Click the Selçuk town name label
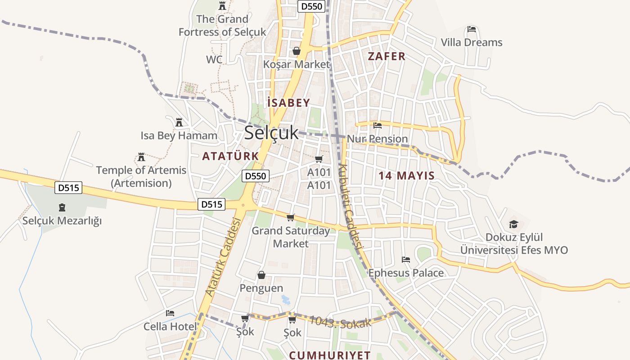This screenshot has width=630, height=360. pyautogui.click(x=271, y=133)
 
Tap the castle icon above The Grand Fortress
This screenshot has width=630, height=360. pyautogui.click(x=222, y=5)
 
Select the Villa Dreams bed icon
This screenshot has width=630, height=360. pyautogui.click(x=472, y=29)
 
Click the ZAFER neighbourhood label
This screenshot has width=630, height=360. pyautogui.click(x=387, y=56)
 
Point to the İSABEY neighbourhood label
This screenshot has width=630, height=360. pyautogui.click(x=288, y=103)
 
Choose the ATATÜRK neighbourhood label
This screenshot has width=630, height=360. pyautogui.click(x=230, y=156)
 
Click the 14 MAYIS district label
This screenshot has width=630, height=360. pyautogui.click(x=406, y=175)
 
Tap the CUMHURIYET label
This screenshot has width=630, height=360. pyautogui.click(x=329, y=355)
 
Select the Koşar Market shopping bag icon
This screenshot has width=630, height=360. pyautogui.click(x=297, y=51)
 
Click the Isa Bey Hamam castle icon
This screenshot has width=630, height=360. pyautogui.click(x=179, y=122)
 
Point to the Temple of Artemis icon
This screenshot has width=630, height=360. pyautogui.click(x=141, y=157)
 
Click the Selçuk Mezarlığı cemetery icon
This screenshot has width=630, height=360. pyautogui.click(x=62, y=207)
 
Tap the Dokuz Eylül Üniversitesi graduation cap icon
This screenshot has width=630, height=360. pyautogui.click(x=513, y=224)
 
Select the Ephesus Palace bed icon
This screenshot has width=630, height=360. pyautogui.click(x=406, y=260)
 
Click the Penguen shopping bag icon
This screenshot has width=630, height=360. pyautogui.click(x=261, y=275)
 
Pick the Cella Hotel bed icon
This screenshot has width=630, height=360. pyautogui.click(x=170, y=313)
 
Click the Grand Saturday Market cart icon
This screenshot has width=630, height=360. pyautogui.click(x=291, y=218)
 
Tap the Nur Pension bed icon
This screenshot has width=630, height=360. pyautogui.click(x=378, y=125)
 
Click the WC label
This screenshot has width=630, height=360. pyautogui.click(x=214, y=59)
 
